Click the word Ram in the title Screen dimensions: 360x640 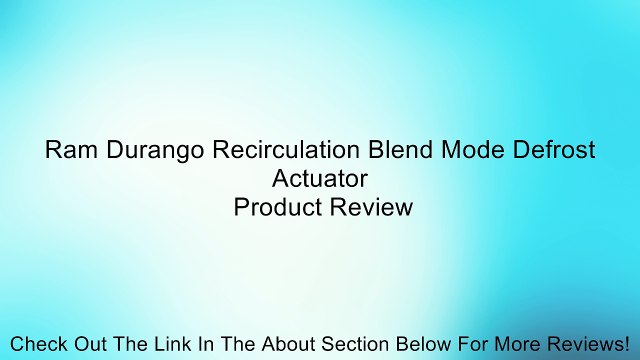67,151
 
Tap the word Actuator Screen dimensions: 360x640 320,179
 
